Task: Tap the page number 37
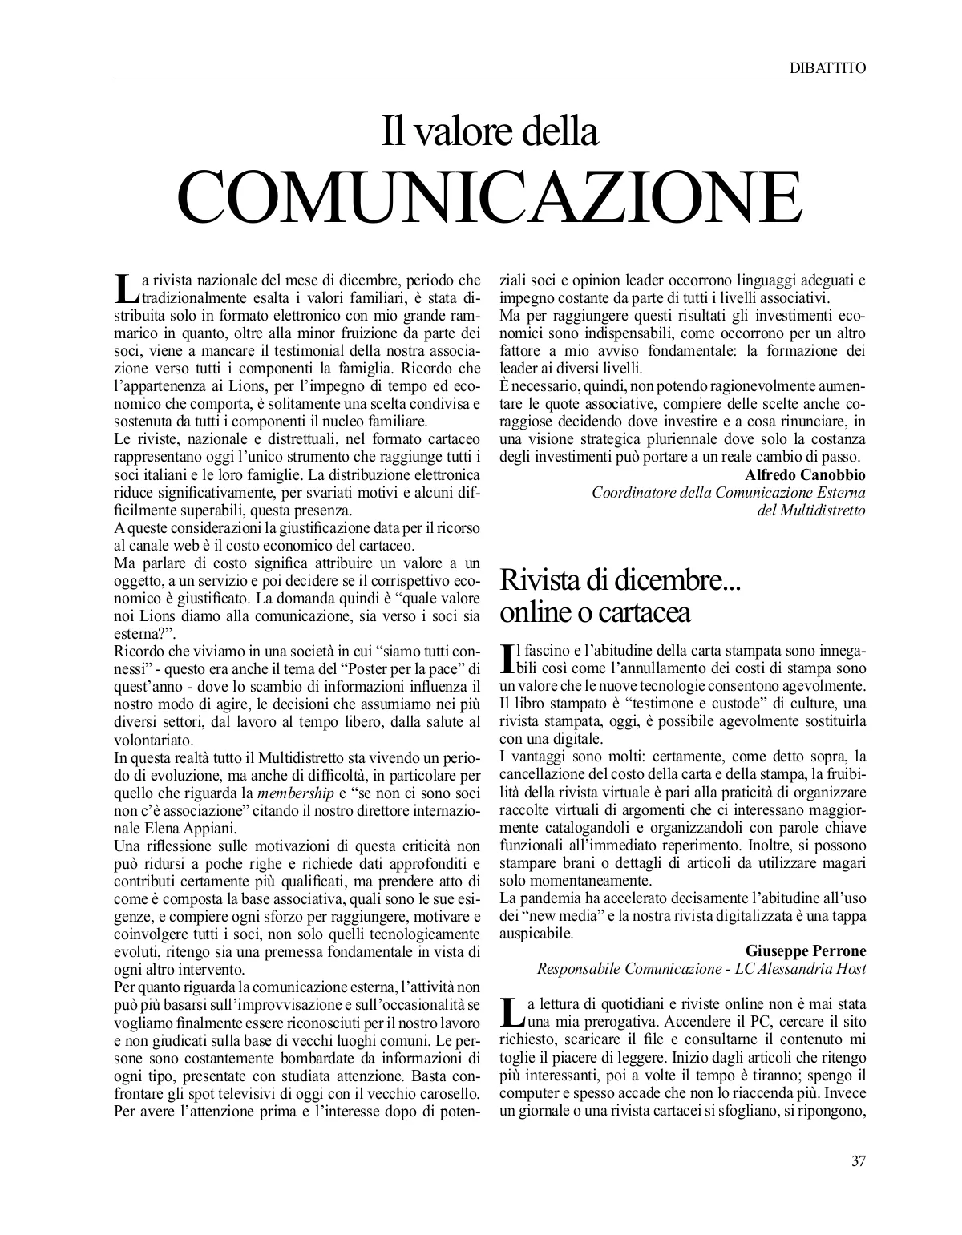(x=857, y=1160)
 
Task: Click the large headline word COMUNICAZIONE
(x=489, y=197)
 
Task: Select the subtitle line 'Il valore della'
(x=489, y=131)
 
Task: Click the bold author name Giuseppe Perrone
(x=806, y=951)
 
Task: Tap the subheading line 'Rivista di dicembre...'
(x=620, y=581)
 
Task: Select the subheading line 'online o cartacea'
(x=595, y=613)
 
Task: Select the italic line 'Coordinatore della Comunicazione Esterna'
(x=728, y=492)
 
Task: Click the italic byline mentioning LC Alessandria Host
(x=701, y=969)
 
